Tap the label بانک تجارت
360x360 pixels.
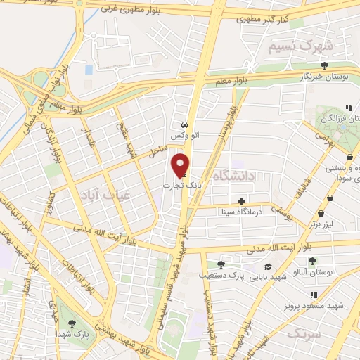184,184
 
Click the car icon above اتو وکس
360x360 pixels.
184,122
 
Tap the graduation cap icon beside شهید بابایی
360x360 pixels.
267,266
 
